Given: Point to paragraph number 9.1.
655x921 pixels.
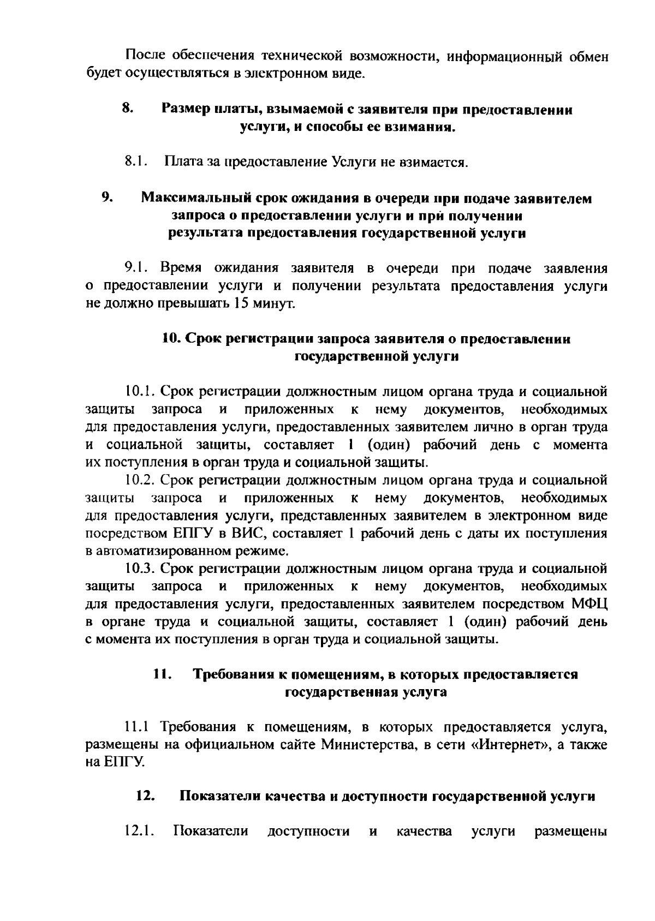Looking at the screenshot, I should click(x=136, y=268).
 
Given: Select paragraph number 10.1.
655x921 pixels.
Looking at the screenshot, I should click(x=141, y=391).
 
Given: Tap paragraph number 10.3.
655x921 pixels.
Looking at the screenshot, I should click(x=141, y=569).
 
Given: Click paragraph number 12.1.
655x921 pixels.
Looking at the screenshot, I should click(x=140, y=832).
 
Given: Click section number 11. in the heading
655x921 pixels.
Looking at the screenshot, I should click(x=163, y=674).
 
